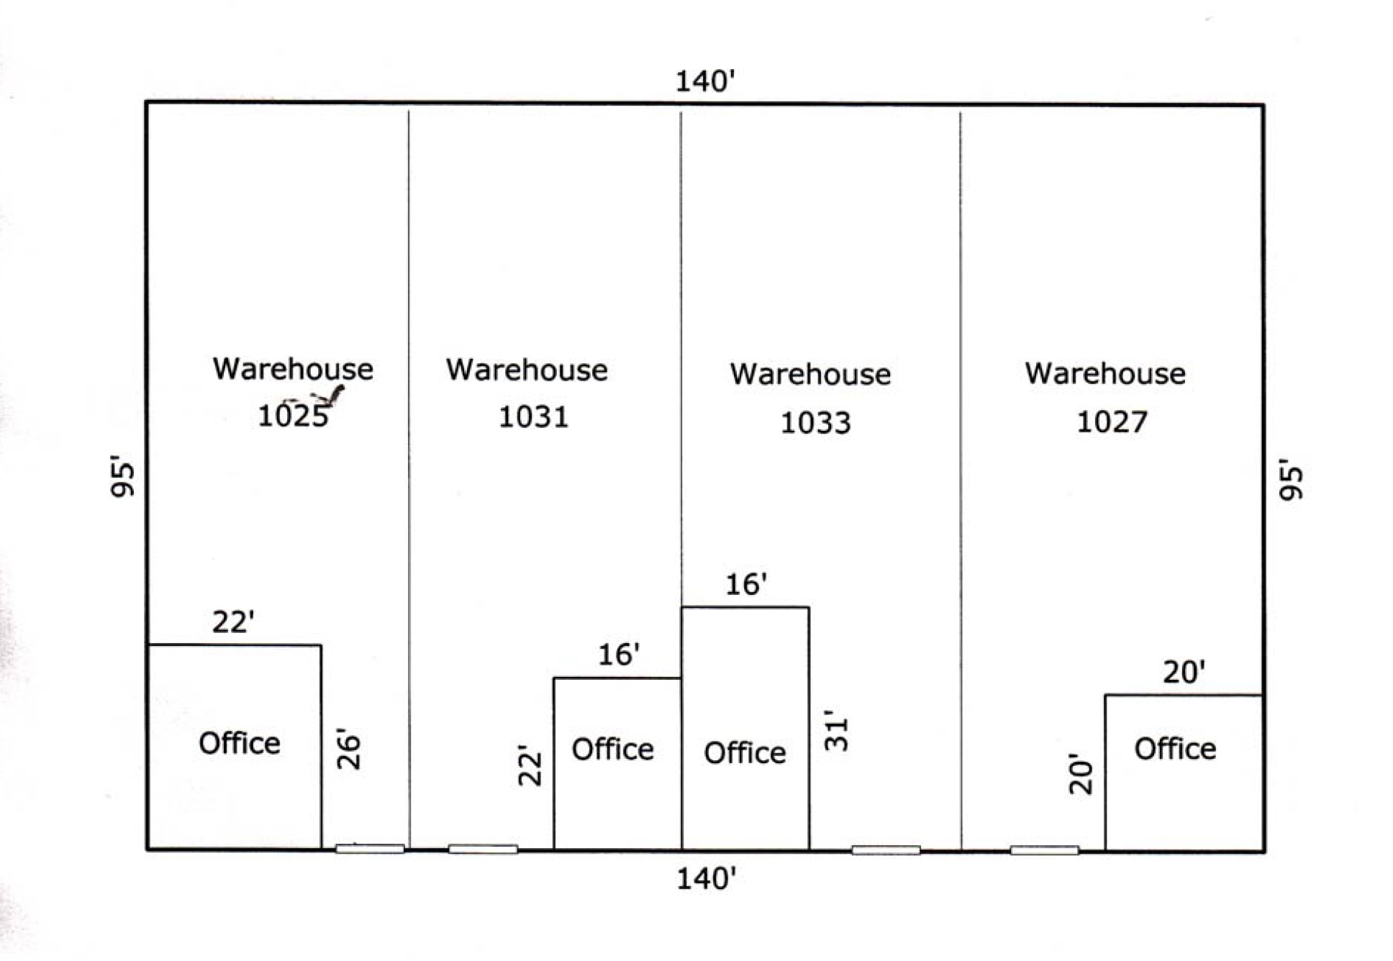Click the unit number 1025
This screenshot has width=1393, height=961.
pos(293,416)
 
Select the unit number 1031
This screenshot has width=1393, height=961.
pos(533,416)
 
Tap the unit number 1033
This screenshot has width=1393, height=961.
pos(815,422)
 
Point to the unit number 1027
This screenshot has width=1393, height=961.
pos(1112,422)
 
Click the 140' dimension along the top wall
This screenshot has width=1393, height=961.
pos(705,81)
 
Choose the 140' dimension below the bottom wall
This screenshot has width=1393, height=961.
pos(706,878)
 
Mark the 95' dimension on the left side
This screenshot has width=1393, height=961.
pos(122,476)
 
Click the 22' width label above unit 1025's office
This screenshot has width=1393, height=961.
pos(233,621)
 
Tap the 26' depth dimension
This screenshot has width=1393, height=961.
pos(348,750)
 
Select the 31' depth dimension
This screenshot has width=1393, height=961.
pos(837,731)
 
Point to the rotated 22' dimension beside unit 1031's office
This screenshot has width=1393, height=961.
pos(530,765)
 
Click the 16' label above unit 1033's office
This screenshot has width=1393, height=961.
pos(745,584)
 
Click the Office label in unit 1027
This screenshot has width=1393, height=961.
pos(1175,749)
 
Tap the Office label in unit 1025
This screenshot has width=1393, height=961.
pos(239,743)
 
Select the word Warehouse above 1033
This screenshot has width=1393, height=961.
pos(810,374)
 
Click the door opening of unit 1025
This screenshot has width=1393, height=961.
pos(370,849)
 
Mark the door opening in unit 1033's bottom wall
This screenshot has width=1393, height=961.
pos(886,850)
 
